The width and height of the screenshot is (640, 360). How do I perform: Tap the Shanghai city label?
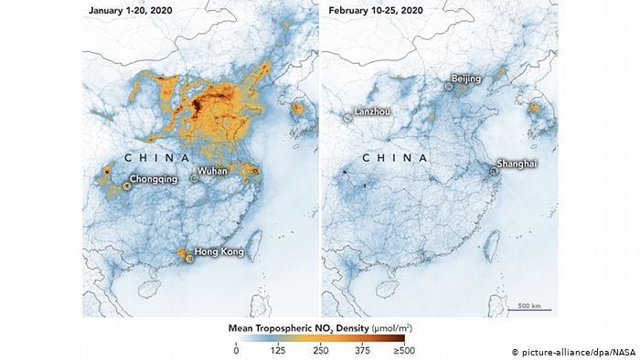517,164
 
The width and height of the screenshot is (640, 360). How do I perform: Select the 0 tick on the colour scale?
236,349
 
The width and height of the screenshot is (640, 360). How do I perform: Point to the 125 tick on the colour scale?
278,349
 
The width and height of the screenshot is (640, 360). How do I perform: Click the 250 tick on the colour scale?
320,349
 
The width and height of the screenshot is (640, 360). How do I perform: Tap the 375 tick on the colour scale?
362,349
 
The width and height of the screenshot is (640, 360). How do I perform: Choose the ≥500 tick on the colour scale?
403,349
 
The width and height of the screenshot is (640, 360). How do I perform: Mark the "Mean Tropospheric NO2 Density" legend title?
314,326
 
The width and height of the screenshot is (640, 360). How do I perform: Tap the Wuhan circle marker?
195,177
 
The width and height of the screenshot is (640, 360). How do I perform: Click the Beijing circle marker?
449,86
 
